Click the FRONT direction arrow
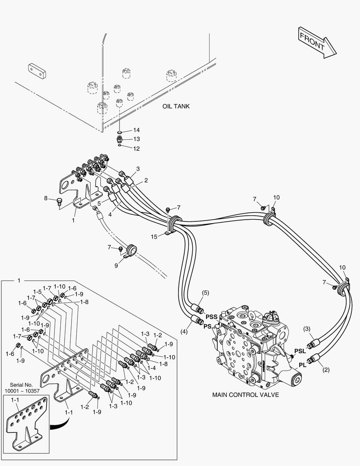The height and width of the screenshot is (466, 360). (317, 42)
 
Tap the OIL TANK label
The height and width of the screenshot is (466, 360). (176, 106)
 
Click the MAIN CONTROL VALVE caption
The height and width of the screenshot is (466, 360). (245, 395)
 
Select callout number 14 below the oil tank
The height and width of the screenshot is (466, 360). (136, 130)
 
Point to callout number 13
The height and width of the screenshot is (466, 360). (136, 139)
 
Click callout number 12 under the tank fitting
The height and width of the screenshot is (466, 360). (136, 148)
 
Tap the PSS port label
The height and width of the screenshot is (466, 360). (212, 317)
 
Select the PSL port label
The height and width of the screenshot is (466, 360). (300, 351)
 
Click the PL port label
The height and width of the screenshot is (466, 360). (302, 365)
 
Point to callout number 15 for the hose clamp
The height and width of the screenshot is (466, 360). (154, 236)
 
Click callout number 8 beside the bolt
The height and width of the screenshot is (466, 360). (46, 198)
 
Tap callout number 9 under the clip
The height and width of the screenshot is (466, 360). (116, 265)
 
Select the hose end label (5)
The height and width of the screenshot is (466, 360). (205, 293)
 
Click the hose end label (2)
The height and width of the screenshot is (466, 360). (326, 370)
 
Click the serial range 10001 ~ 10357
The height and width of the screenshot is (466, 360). (22, 391)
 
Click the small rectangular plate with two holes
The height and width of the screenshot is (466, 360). (38, 71)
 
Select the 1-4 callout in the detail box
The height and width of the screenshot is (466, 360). (151, 368)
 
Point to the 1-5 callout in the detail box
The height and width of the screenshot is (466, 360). (37, 292)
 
